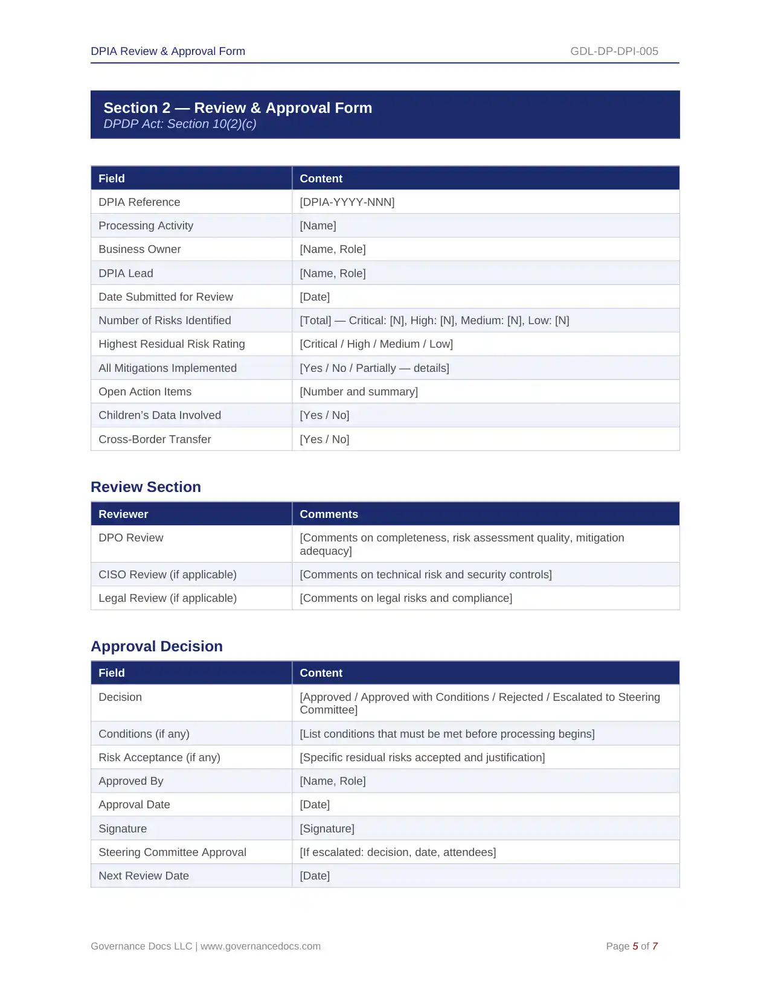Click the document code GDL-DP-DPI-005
click(x=614, y=51)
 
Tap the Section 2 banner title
click(x=237, y=108)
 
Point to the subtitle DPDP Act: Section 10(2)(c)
click(x=179, y=124)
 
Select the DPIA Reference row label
click(x=139, y=202)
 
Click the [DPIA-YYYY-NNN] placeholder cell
click(x=347, y=202)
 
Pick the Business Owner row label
click(x=140, y=249)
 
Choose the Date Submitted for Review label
click(x=165, y=297)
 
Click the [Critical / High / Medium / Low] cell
click(x=376, y=344)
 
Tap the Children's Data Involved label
click(x=159, y=415)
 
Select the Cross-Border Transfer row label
click(x=155, y=439)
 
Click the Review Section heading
click(x=146, y=487)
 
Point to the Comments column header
click(x=329, y=514)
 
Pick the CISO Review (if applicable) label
click(x=167, y=575)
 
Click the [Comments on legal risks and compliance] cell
click(x=405, y=598)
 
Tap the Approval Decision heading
click(x=156, y=646)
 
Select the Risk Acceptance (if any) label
click(x=159, y=758)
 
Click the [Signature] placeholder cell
click(x=327, y=829)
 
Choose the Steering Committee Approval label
click(x=172, y=852)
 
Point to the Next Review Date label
click(x=144, y=876)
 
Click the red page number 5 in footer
click(x=635, y=947)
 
